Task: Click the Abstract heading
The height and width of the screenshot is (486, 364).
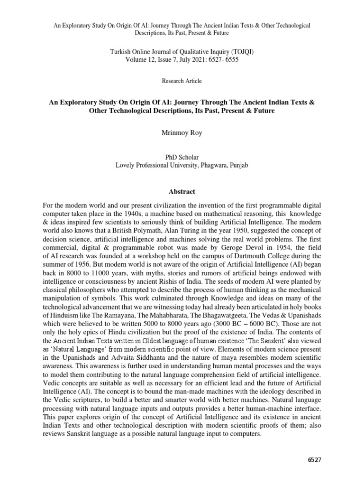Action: [x=182, y=192]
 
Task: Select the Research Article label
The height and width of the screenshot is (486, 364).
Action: [x=182, y=81]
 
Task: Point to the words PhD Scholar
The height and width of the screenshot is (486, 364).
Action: [x=182, y=157]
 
